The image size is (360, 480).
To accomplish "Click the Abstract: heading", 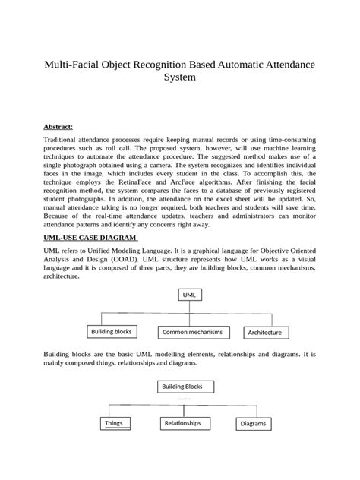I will (58, 126).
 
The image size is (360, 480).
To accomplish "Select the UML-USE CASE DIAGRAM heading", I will (90, 238).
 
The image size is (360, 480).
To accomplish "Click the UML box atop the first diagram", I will (188, 294).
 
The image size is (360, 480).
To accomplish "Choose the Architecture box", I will (265, 333).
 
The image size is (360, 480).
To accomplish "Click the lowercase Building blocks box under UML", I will (111, 332).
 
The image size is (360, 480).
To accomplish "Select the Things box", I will (113, 423).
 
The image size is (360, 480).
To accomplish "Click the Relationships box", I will (182, 422).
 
